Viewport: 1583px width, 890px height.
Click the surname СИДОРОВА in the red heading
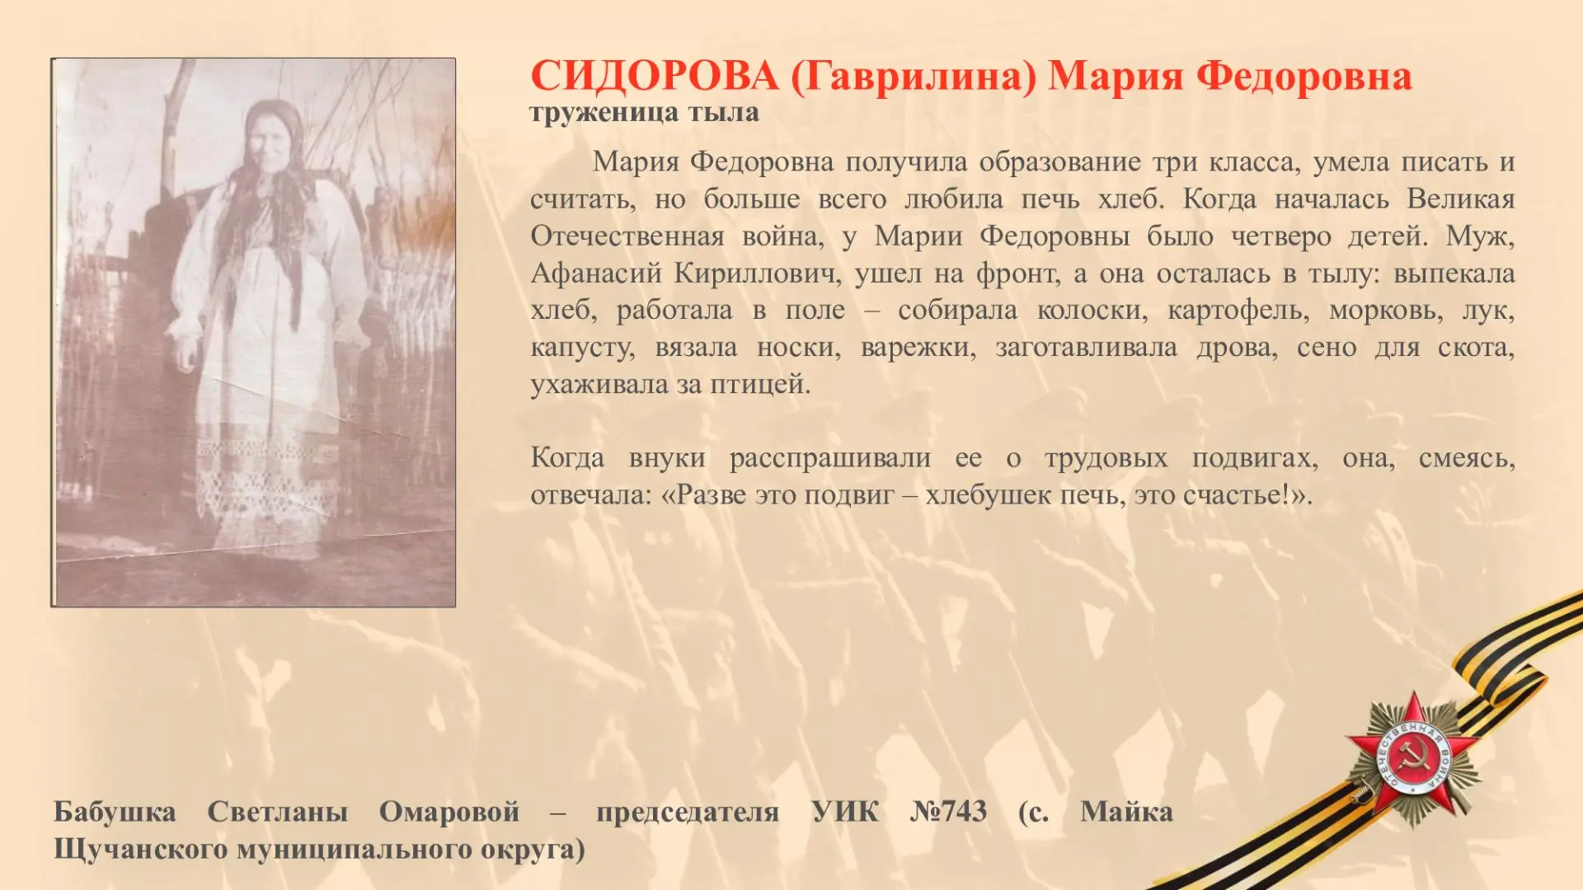tap(655, 77)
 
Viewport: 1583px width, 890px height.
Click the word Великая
tap(1461, 199)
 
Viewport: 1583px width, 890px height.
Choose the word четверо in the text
tap(1280, 237)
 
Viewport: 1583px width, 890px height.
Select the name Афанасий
tap(596, 273)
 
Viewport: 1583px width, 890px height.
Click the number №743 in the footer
tap(948, 812)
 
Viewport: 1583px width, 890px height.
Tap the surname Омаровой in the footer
tap(449, 813)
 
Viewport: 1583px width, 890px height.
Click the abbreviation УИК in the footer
tap(845, 812)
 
